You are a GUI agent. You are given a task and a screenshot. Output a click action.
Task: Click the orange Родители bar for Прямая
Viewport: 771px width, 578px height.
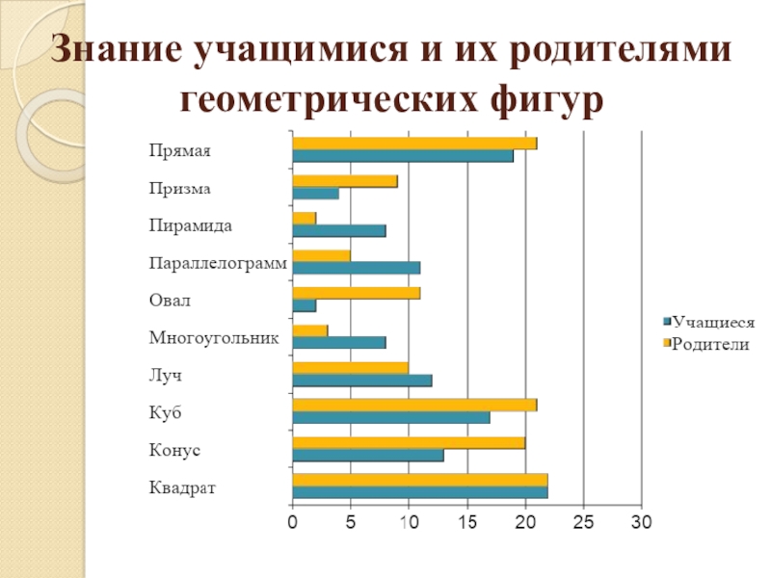[414, 144]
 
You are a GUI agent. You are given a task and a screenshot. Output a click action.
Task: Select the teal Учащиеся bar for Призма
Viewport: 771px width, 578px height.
[315, 194]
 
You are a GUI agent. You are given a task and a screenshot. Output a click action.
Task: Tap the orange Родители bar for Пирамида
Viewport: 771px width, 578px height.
[304, 218]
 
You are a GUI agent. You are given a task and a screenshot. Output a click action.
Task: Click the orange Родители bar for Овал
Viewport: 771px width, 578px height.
[356, 293]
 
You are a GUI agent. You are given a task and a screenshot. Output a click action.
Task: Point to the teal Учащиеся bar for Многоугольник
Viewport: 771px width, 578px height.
[338, 342]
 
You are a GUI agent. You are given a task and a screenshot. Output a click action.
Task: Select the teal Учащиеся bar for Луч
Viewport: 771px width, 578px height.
[361, 380]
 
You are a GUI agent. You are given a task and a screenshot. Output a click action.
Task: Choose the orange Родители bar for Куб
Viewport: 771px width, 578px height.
[414, 405]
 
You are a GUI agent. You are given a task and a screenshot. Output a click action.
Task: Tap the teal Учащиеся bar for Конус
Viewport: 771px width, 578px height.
[367, 455]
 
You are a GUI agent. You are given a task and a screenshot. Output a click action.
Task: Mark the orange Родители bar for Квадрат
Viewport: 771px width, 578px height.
[419, 480]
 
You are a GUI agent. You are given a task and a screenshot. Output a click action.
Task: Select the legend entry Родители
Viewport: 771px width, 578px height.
[709, 344]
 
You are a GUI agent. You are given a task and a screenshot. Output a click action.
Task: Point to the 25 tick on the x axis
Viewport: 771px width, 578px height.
[583, 522]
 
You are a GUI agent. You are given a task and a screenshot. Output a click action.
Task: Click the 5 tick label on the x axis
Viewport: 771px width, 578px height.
[351, 522]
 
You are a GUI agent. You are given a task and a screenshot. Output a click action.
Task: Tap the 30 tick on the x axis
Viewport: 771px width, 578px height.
[642, 522]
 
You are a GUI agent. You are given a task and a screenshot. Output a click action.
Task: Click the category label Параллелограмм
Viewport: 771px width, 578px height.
[218, 263]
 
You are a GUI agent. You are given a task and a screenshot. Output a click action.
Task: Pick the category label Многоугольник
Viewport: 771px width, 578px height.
[214, 338]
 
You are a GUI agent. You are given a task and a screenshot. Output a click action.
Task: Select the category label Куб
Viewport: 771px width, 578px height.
[166, 413]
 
